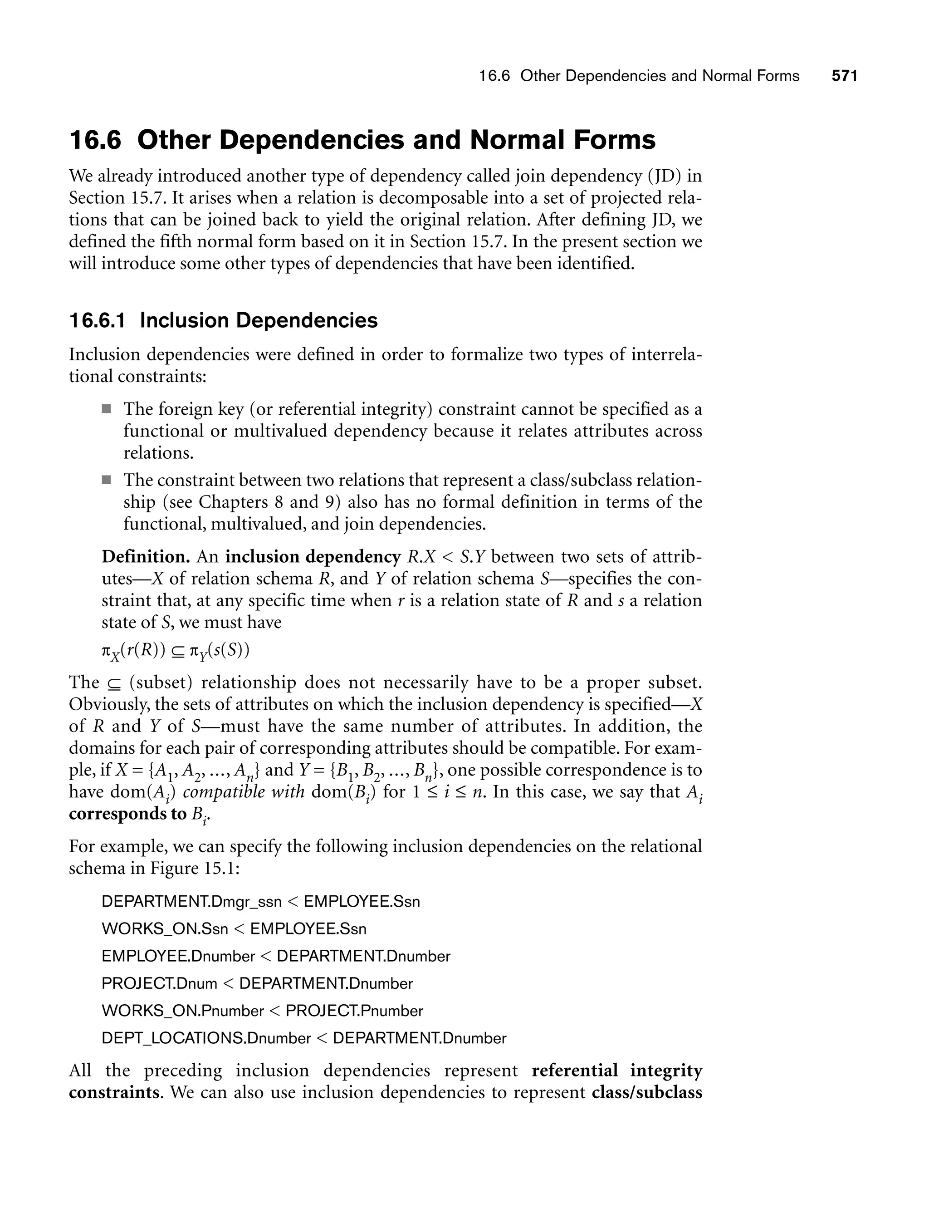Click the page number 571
[844, 76]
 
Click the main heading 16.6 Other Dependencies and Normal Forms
[362, 139]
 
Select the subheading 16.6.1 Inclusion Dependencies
[223, 320]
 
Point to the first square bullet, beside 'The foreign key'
[106, 409]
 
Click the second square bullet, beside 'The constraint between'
[106, 480]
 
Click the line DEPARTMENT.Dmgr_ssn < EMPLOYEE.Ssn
[260, 902]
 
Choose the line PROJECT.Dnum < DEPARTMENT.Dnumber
[257, 983]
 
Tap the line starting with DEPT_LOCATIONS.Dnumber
[303, 1038]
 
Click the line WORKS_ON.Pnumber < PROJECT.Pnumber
[262, 1011]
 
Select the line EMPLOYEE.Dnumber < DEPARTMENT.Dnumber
[276, 956]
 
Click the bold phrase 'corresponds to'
[127, 814]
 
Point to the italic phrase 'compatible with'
[243, 792]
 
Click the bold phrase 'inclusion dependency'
[313, 556]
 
